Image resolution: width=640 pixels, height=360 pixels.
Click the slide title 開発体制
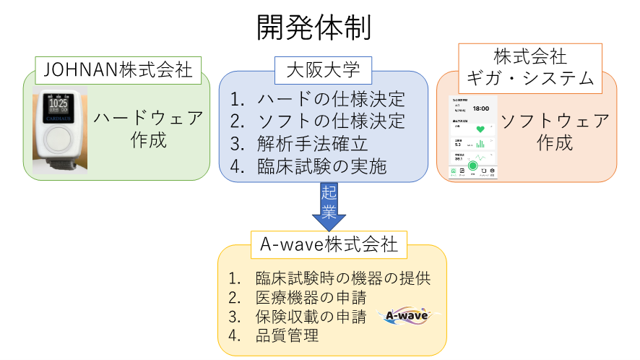point(314,27)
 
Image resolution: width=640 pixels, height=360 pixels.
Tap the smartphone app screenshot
point(473,136)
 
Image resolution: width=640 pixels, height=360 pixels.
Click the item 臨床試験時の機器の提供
point(342,279)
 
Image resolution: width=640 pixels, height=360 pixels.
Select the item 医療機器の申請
point(310,297)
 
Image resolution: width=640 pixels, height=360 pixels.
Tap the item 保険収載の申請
point(310,316)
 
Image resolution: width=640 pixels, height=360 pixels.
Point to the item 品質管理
point(286,335)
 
